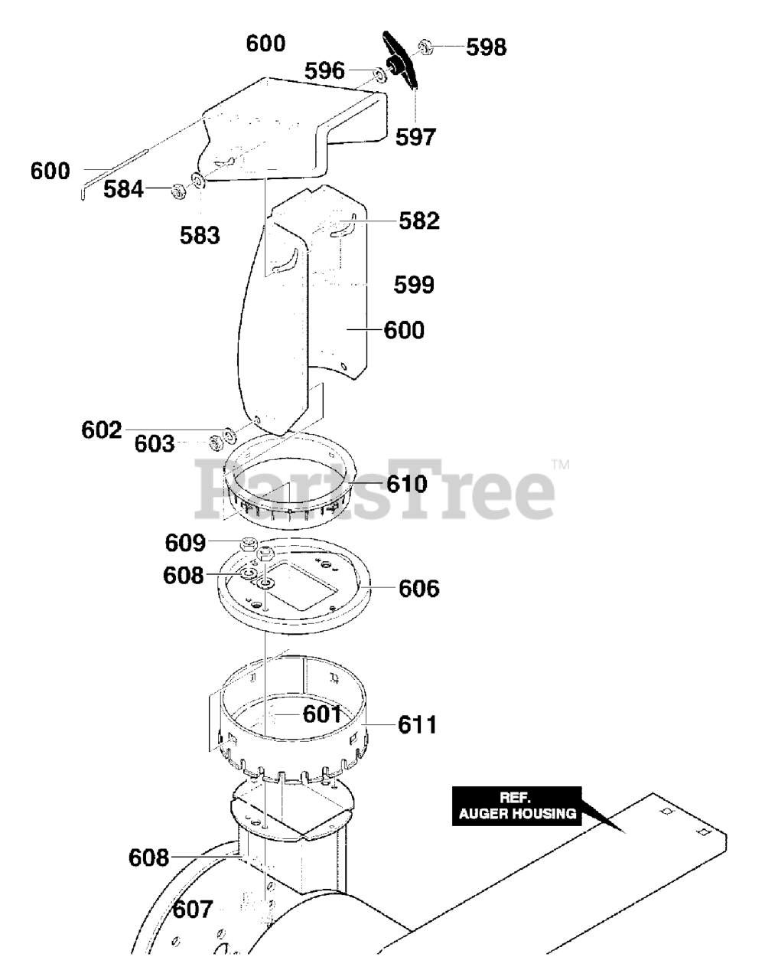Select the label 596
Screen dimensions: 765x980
[326, 71]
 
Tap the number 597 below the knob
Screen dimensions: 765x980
[415, 136]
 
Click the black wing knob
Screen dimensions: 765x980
[403, 64]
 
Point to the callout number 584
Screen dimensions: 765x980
[124, 188]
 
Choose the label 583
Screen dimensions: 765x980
[200, 235]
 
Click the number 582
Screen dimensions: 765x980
[419, 220]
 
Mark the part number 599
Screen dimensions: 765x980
[414, 285]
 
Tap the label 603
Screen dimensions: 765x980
[155, 444]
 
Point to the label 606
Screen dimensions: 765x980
[418, 589]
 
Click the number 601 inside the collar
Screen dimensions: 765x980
[322, 714]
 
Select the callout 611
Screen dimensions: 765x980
[417, 724]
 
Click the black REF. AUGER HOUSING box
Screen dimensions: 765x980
[517, 806]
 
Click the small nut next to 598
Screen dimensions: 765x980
[427, 47]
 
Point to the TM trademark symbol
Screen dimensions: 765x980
[561, 464]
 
